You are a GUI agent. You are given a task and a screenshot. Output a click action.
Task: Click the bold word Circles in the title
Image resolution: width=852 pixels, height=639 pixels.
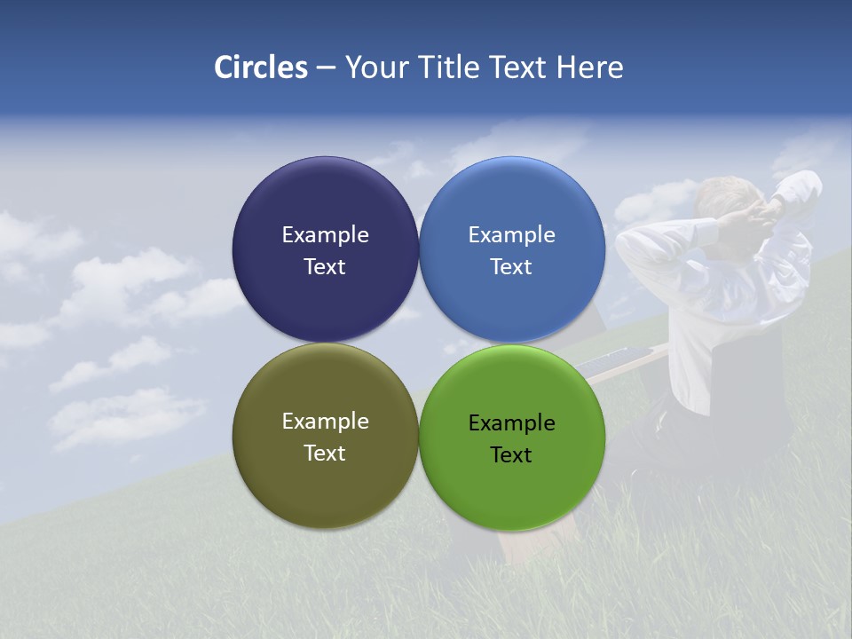click(x=261, y=67)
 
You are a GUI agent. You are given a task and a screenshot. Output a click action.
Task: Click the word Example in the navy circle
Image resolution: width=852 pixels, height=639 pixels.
click(x=325, y=235)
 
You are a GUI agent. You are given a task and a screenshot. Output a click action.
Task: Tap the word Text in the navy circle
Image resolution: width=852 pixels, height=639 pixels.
click(x=325, y=266)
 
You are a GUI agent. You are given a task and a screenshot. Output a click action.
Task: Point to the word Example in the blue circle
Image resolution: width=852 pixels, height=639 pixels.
click(x=512, y=235)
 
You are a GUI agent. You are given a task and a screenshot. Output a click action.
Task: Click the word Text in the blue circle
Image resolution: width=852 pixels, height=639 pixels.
click(x=512, y=266)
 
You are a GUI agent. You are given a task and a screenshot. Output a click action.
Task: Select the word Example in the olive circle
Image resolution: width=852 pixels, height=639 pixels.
click(x=325, y=422)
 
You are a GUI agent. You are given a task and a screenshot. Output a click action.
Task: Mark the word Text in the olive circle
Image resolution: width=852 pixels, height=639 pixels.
click(x=325, y=453)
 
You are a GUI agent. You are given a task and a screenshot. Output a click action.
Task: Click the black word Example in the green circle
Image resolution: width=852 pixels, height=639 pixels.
click(x=512, y=423)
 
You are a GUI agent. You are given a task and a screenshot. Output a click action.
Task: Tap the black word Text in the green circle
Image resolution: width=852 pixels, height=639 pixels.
click(x=512, y=454)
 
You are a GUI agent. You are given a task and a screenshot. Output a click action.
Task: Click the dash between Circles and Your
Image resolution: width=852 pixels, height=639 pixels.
click(x=326, y=68)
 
